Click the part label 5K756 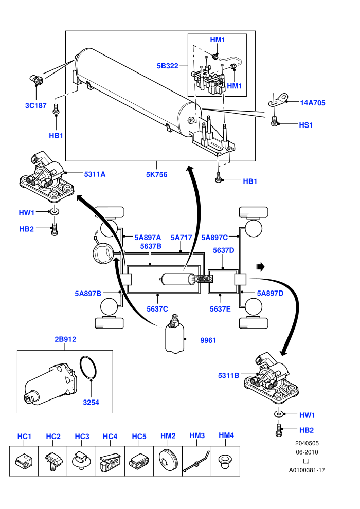pos(156,174)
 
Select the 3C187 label pos(35,105)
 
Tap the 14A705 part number pos(313,103)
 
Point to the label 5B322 pos(168,66)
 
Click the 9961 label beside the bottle pos(208,340)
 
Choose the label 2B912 pos(65,339)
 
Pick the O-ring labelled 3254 pos(88,368)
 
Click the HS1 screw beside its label pos(274,121)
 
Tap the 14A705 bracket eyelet pos(278,99)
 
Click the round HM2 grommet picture pos(168,461)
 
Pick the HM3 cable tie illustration pos(196,461)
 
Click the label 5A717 pos(181,238)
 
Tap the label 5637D pos(223,250)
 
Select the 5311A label pos(95,174)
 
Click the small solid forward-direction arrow pos(260,267)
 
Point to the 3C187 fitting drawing pos(37,80)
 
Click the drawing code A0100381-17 pos(307,470)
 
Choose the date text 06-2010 pos(307,452)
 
